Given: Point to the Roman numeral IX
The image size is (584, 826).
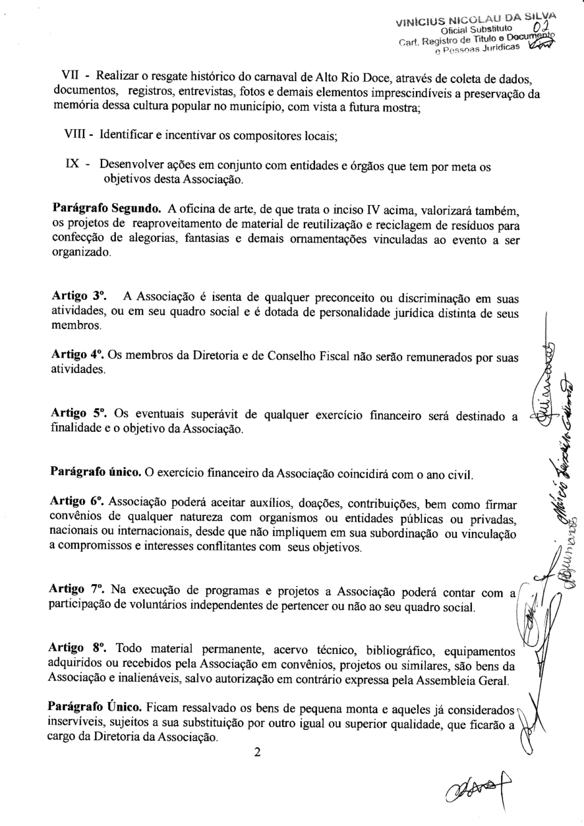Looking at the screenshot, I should (x=72, y=166).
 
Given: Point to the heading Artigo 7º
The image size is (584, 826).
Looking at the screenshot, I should (x=77, y=589).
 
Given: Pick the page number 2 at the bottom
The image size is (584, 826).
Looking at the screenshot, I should (x=257, y=752).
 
